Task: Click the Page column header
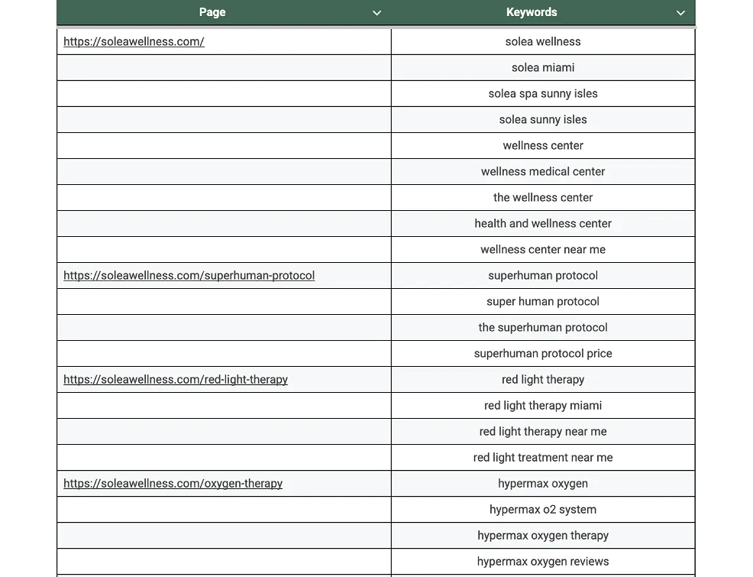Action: (x=212, y=12)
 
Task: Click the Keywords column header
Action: (x=532, y=12)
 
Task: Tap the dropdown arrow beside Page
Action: (x=376, y=13)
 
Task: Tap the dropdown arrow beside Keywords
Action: (x=680, y=13)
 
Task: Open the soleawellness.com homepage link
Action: (x=134, y=42)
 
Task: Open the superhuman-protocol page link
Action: (x=189, y=276)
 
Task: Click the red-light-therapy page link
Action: (x=176, y=380)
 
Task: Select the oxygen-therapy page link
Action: (x=173, y=484)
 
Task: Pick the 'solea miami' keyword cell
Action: (x=543, y=68)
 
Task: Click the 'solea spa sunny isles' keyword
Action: (x=543, y=94)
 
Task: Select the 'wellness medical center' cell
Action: (x=543, y=172)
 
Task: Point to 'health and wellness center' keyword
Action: (x=543, y=224)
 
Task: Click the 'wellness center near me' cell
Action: (x=543, y=250)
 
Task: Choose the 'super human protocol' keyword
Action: (x=543, y=302)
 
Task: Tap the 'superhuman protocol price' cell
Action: (x=543, y=354)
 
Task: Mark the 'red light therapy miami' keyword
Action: (x=543, y=406)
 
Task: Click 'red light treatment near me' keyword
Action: (x=543, y=458)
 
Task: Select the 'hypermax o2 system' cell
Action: (x=543, y=510)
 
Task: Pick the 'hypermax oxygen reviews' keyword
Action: (x=543, y=562)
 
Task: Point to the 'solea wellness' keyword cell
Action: (x=543, y=42)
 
